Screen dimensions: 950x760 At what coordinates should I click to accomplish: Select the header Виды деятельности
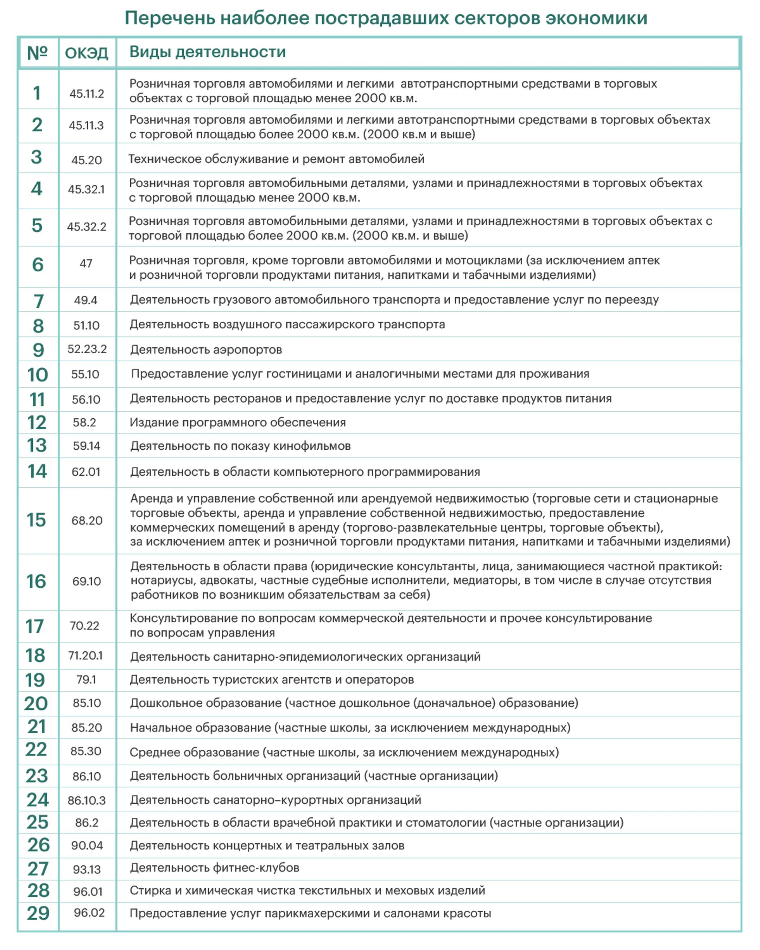coord(208,52)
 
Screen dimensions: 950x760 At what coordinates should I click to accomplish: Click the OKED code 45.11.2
coord(87,94)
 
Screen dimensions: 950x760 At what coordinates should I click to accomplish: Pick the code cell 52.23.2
coord(87,349)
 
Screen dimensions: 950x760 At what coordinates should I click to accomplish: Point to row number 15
coord(36,520)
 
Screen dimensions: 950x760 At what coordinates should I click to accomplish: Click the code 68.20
coord(87,520)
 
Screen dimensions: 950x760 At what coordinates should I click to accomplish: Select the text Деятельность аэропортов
coord(206,350)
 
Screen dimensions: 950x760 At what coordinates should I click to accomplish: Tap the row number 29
coord(38,913)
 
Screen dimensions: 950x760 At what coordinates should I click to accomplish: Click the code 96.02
coord(89,913)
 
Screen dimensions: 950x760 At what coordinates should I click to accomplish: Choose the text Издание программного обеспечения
coord(237,423)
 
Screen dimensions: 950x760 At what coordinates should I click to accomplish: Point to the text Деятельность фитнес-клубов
coord(215,868)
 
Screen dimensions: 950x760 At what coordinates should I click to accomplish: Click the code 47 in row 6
coord(86,264)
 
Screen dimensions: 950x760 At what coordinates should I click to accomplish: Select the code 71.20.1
coord(85,655)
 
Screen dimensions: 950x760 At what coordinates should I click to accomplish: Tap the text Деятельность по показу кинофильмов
coord(240,446)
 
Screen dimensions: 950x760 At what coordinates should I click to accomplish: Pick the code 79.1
coord(86,679)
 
